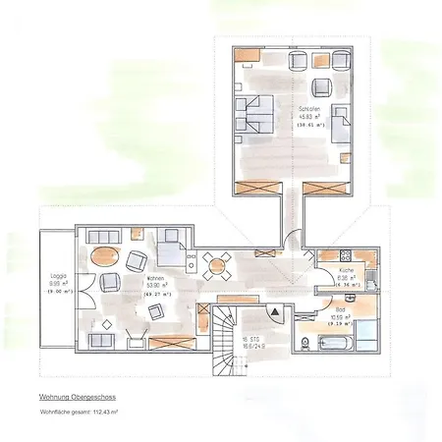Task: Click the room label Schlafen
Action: click(x=309, y=109)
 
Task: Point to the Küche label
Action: click(x=346, y=269)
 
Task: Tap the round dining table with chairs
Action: click(x=218, y=262)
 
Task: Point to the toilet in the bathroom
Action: click(x=307, y=342)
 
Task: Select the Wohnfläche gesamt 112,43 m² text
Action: click(x=80, y=414)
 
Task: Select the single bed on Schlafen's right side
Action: click(x=341, y=125)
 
